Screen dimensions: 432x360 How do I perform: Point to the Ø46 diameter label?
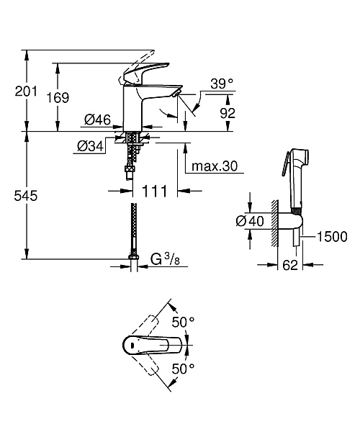click(x=97, y=120)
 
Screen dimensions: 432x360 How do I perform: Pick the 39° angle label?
click(x=222, y=84)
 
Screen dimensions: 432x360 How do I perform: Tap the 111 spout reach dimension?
click(x=154, y=191)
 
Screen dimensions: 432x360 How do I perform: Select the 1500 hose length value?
click(x=333, y=236)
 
